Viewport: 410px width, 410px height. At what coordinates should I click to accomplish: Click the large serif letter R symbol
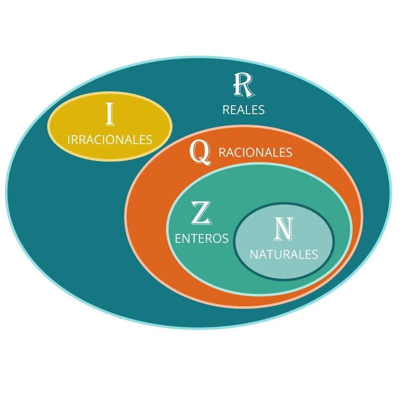click(x=243, y=85)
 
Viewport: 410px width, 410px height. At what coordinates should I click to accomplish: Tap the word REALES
click(x=243, y=110)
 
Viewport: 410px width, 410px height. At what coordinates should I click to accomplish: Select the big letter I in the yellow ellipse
click(x=110, y=114)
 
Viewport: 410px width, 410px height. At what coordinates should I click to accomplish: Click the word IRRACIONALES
click(x=110, y=140)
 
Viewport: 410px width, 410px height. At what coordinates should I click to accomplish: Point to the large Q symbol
click(x=201, y=153)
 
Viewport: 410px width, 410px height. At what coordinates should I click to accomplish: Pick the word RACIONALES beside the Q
click(x=255, y=152)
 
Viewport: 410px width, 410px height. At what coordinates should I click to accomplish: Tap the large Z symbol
click(x=201, y=213)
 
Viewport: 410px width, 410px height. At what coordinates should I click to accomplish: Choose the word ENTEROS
click(x=202, y=238)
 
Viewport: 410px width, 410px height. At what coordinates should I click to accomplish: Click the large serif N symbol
click(x=284, y=229)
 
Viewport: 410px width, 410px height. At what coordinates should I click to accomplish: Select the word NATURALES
click(x=284, y=254)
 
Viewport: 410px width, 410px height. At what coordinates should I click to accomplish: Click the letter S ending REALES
click(x=261, y=110)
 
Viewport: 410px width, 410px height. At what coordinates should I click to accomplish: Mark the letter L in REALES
click(x=248, y=110)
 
